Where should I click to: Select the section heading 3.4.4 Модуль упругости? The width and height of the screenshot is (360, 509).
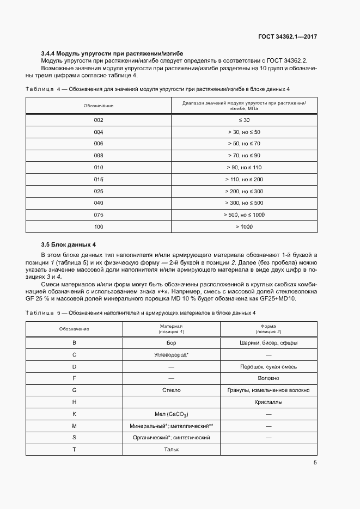coord(112,54)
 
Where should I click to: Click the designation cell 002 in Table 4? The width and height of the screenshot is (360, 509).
coord(99,120)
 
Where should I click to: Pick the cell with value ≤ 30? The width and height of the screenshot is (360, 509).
coord(244,120)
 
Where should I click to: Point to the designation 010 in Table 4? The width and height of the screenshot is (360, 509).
coord(99,167)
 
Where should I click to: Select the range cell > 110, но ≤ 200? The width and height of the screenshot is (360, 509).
coord(244,179)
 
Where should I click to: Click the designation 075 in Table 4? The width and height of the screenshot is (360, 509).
coord(99,214)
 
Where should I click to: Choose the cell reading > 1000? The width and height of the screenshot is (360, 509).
coord(244,226)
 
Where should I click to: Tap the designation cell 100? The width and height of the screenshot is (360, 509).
coord(99,226)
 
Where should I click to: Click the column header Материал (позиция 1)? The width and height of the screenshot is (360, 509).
coord(171,329)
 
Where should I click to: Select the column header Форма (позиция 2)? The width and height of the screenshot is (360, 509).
coord(268,329)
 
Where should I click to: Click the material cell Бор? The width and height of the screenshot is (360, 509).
coord(171,343)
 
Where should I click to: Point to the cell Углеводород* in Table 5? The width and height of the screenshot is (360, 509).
coord(171,355)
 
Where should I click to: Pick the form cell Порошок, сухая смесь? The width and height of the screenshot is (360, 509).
coord(268,367)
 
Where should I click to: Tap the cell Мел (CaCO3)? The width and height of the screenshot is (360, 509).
coord(171,414)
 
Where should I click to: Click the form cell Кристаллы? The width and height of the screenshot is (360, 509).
coord(268,402)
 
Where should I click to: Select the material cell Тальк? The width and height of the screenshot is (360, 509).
coord(171,450)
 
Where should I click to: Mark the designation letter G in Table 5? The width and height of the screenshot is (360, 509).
coord(74,390)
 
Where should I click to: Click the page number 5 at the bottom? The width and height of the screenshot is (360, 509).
coord(315,463)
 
